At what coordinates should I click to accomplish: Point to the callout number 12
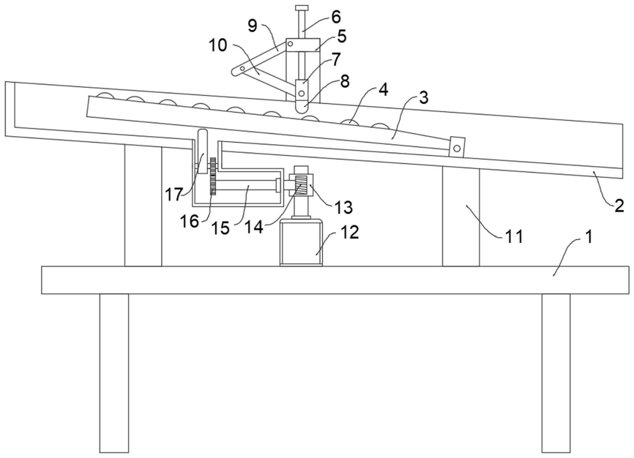(349, 232)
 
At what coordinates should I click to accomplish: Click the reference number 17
(173, 195)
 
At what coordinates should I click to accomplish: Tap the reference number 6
(336, 15)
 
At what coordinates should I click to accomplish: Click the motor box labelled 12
(301, 244)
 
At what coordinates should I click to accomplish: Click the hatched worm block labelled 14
(299, 189)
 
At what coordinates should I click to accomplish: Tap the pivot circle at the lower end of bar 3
(457, 148)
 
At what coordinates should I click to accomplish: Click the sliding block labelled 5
(300, 45)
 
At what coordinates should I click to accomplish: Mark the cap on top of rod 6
(301, 9)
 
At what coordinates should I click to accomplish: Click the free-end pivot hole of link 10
(236, 71)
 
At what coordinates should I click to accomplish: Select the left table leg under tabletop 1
(113, 372)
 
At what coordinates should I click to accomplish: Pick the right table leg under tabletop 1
(556, 372)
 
